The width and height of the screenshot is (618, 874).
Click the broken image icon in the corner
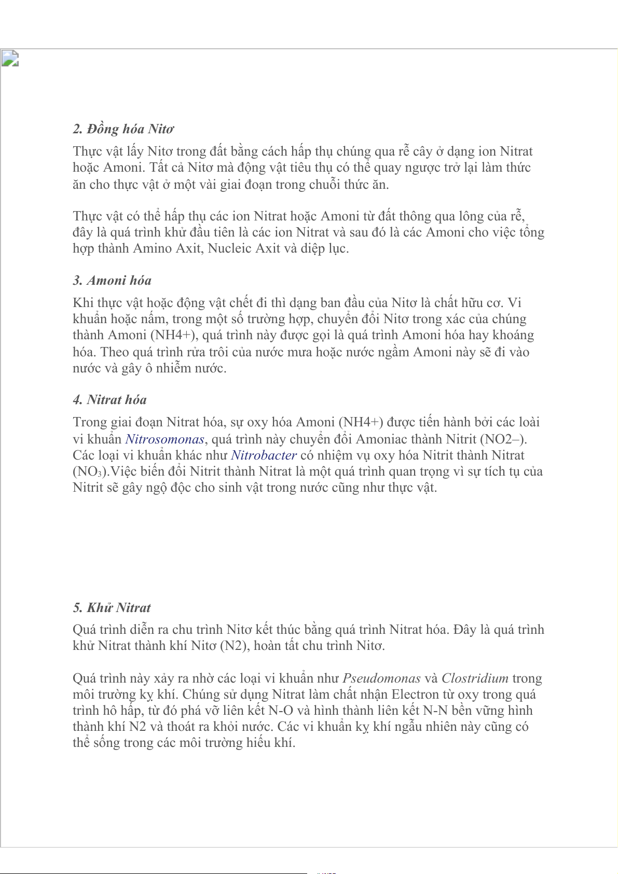coord(10,59)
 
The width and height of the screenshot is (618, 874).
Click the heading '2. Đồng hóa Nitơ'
coord(123,129)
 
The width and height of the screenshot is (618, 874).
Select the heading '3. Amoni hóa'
coord(112,281)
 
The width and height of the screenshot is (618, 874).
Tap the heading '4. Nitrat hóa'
coord(109,400)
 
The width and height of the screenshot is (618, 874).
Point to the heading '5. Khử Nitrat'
coord(112,608)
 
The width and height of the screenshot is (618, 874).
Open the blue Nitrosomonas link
coord(165,439)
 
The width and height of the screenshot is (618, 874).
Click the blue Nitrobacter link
coord(264,455)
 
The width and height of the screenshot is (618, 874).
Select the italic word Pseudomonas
coord(381,678)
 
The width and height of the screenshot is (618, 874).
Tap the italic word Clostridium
coord(475,678)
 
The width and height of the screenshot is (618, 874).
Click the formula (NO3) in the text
coord(90,472)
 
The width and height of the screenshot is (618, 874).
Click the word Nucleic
coord(229,248)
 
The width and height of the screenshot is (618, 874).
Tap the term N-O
coord(281,711)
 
